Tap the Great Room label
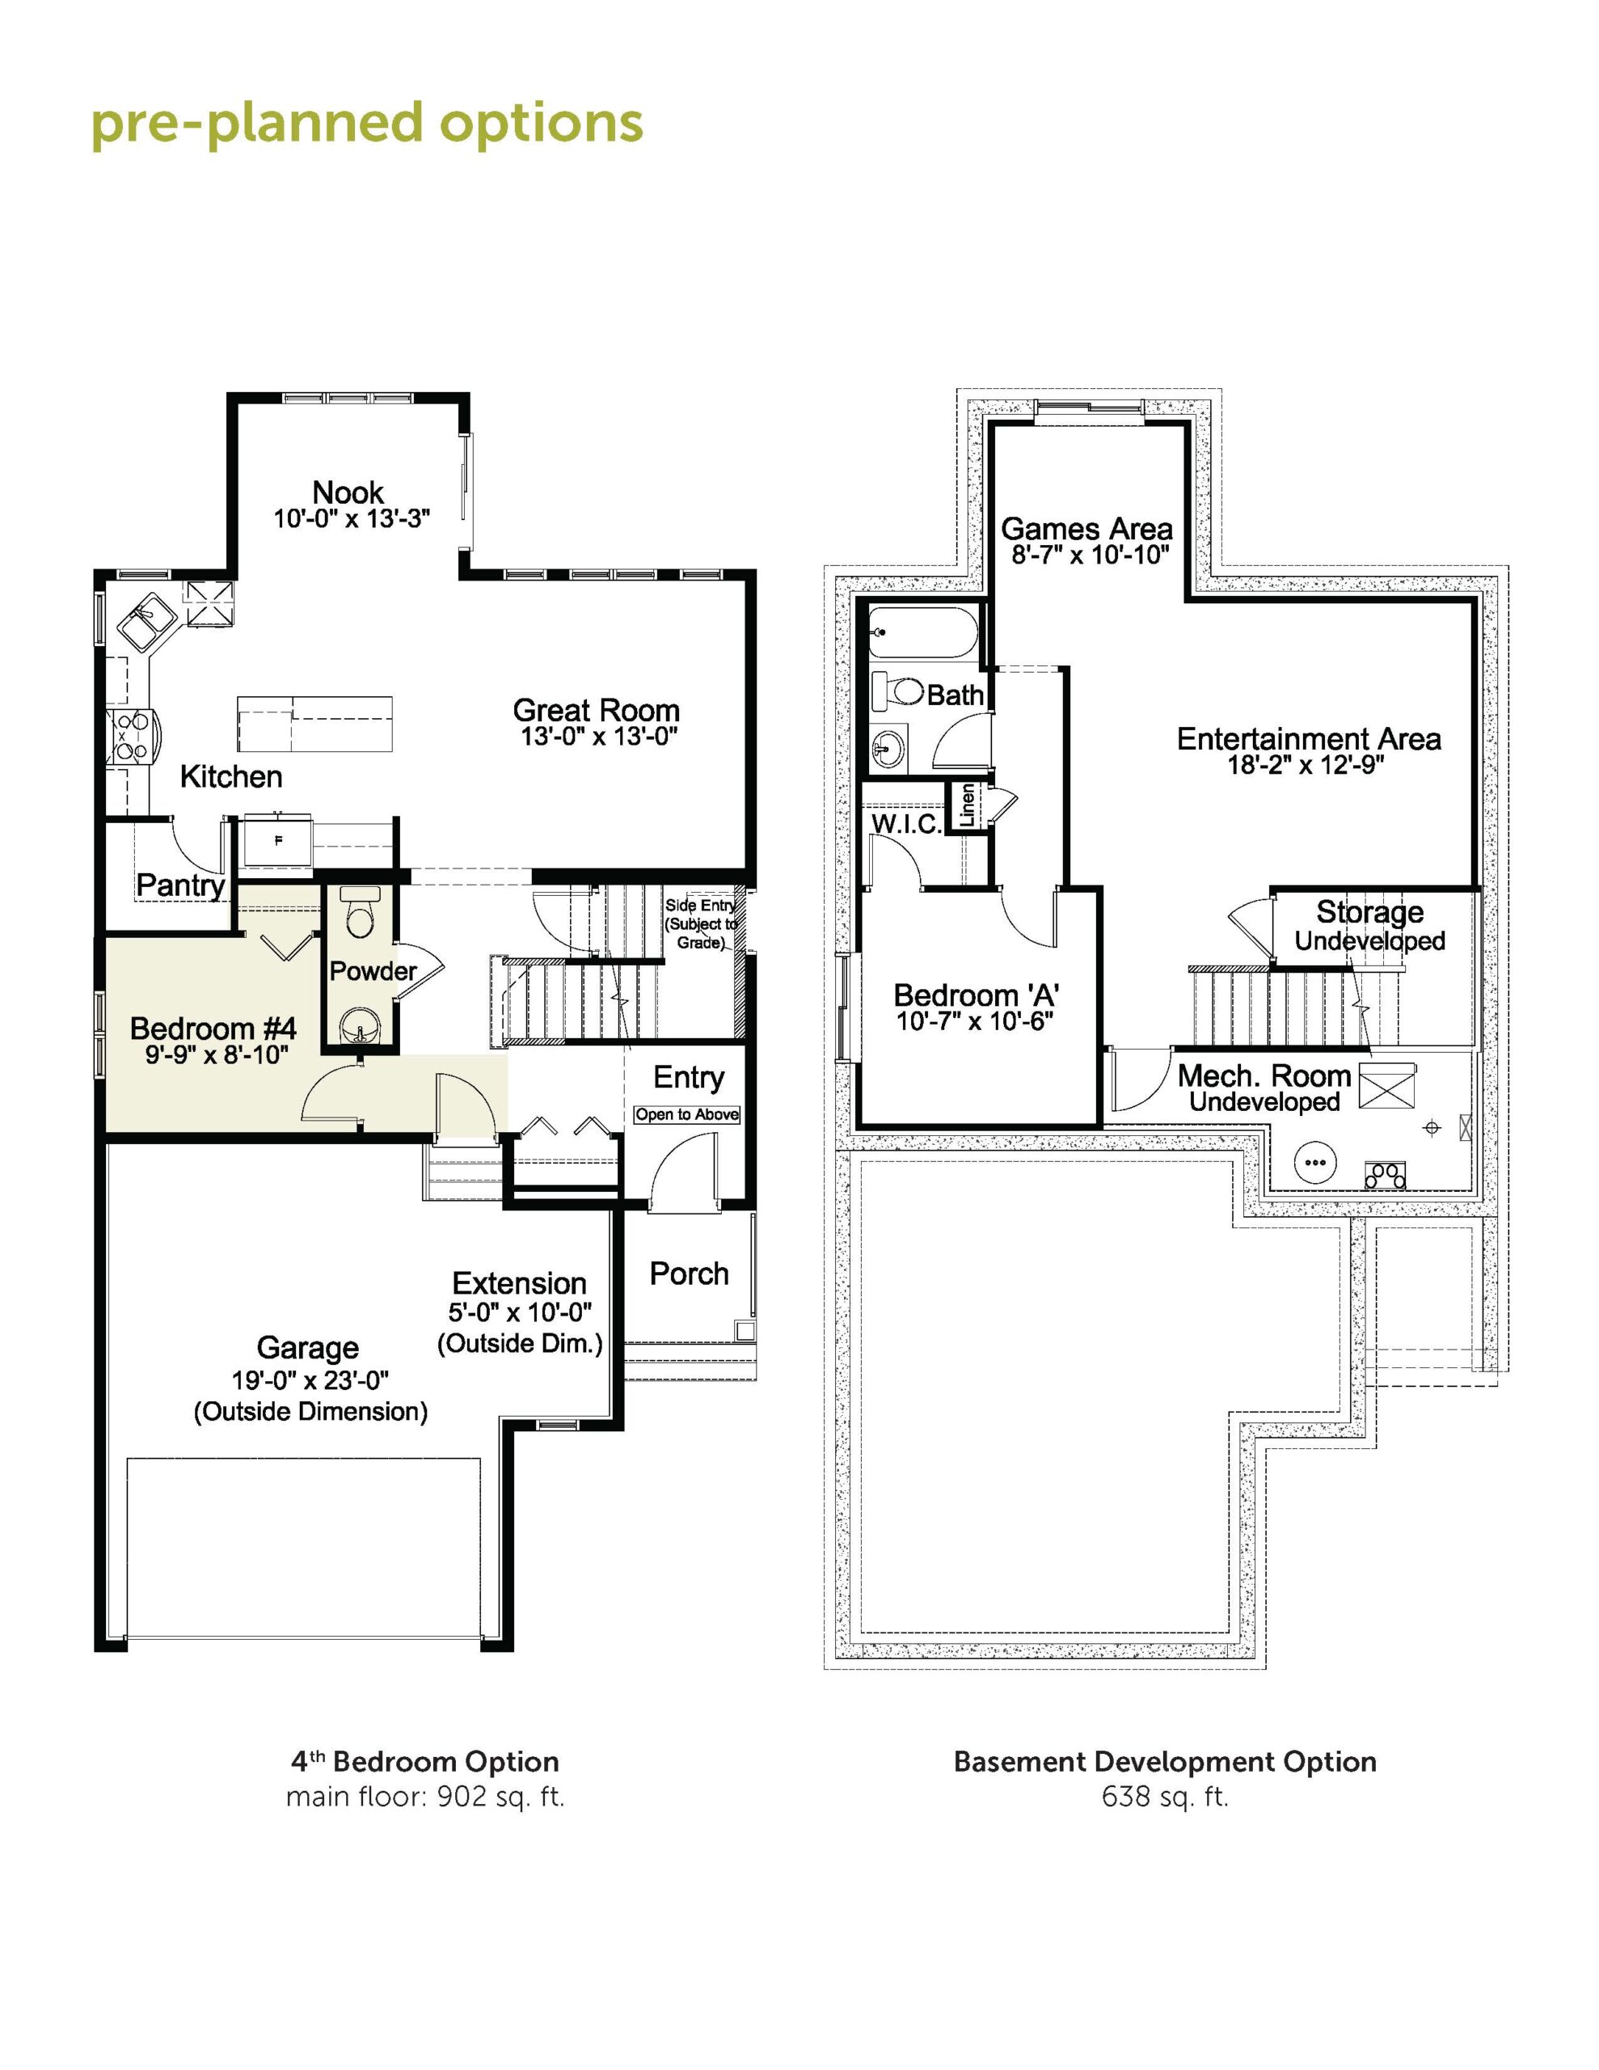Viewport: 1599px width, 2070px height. (x=596, y=710)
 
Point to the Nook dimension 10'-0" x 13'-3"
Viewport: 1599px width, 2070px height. (x=352, y=518)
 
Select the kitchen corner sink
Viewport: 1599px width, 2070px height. (x=147, y=621)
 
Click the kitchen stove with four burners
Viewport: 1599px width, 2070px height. (x=130, y=737)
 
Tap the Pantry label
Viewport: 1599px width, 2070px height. (x=180, y=885)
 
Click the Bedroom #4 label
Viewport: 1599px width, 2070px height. (x=213, y=1029)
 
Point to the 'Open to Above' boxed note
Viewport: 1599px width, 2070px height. (x=687, y=1114)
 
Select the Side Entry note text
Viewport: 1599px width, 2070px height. (x=700, y=924)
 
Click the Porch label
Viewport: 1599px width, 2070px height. (x=689, y=1274)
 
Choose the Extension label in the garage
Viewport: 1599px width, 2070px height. (x=520, y=1283)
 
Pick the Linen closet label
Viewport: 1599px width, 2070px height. (x=967, y=805)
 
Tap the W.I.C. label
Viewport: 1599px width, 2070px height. (x=906, y=824)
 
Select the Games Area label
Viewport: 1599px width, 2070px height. (x=1087, y=529)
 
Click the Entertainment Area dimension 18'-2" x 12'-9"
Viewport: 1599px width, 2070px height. (x=1307, y=765)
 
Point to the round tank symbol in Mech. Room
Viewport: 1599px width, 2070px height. (x=1314, y=1161)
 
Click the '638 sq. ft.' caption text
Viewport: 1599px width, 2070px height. (x=1165, y=1796)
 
